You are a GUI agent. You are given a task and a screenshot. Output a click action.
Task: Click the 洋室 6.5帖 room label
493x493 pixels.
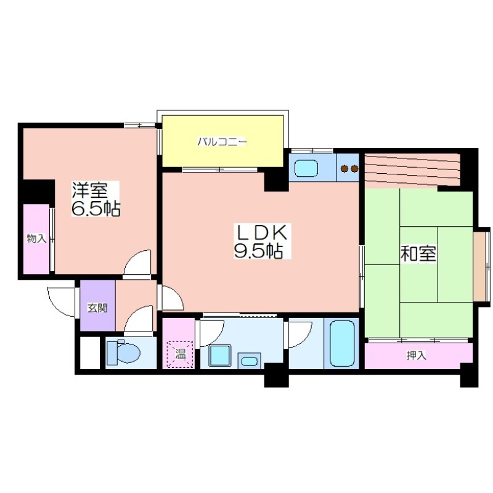pyautogui.click(x=96, y=198)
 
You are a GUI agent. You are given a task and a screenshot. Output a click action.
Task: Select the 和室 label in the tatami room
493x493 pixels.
pyautogui.click(x=418, y=254)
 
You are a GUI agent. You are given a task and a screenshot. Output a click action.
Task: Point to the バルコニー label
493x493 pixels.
pyautogui.click(x=222, y=142)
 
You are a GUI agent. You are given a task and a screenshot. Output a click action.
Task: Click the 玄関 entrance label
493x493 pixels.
pyautogui.click(x=97, y=308)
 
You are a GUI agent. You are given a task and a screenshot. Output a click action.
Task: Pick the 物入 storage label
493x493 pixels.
pyautogui.click(x=36, y=238)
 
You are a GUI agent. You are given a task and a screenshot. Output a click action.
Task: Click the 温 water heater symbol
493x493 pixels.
pyautogui.click(x=180, y=354)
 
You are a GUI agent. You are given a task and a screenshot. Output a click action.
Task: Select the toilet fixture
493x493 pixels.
pyautogui.click(x=123, y=353)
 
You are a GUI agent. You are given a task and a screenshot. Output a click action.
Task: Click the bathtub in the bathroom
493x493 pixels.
pyautogui.click(x=341, y=343)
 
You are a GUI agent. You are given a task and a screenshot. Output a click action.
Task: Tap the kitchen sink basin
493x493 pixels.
pyautogui.click(x=306, y=168)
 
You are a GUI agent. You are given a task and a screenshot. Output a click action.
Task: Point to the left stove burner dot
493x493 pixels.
pyautogui.click(x=345, y=169)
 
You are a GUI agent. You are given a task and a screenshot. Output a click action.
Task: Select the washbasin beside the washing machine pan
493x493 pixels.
pyautogui.click(x=250, y=361)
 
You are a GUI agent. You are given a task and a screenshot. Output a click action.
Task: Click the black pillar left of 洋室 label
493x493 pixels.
pyautogui.click(x=37, y=192)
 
